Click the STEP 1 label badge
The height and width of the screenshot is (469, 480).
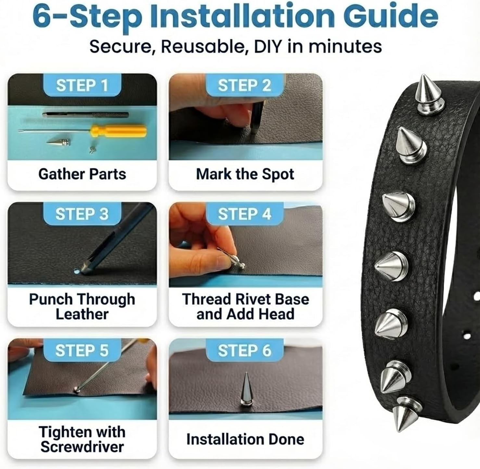click(82, 86)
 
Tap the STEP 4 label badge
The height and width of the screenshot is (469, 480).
click(244, 214)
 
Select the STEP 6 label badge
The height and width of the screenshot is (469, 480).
click(244, 351)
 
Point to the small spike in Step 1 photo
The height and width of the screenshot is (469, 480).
click(59, 142)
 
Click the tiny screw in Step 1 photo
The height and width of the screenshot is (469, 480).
click(92, 150)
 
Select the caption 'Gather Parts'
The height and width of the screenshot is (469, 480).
click(82, 174)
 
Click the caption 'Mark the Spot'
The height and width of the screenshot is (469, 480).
click(245, 174)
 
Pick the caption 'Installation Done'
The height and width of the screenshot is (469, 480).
click(245, 439)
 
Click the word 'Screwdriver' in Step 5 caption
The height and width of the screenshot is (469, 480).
click(82, 447)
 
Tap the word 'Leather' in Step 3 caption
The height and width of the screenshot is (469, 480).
click(82, 314)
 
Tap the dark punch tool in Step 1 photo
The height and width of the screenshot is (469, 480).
click(85, 114)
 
